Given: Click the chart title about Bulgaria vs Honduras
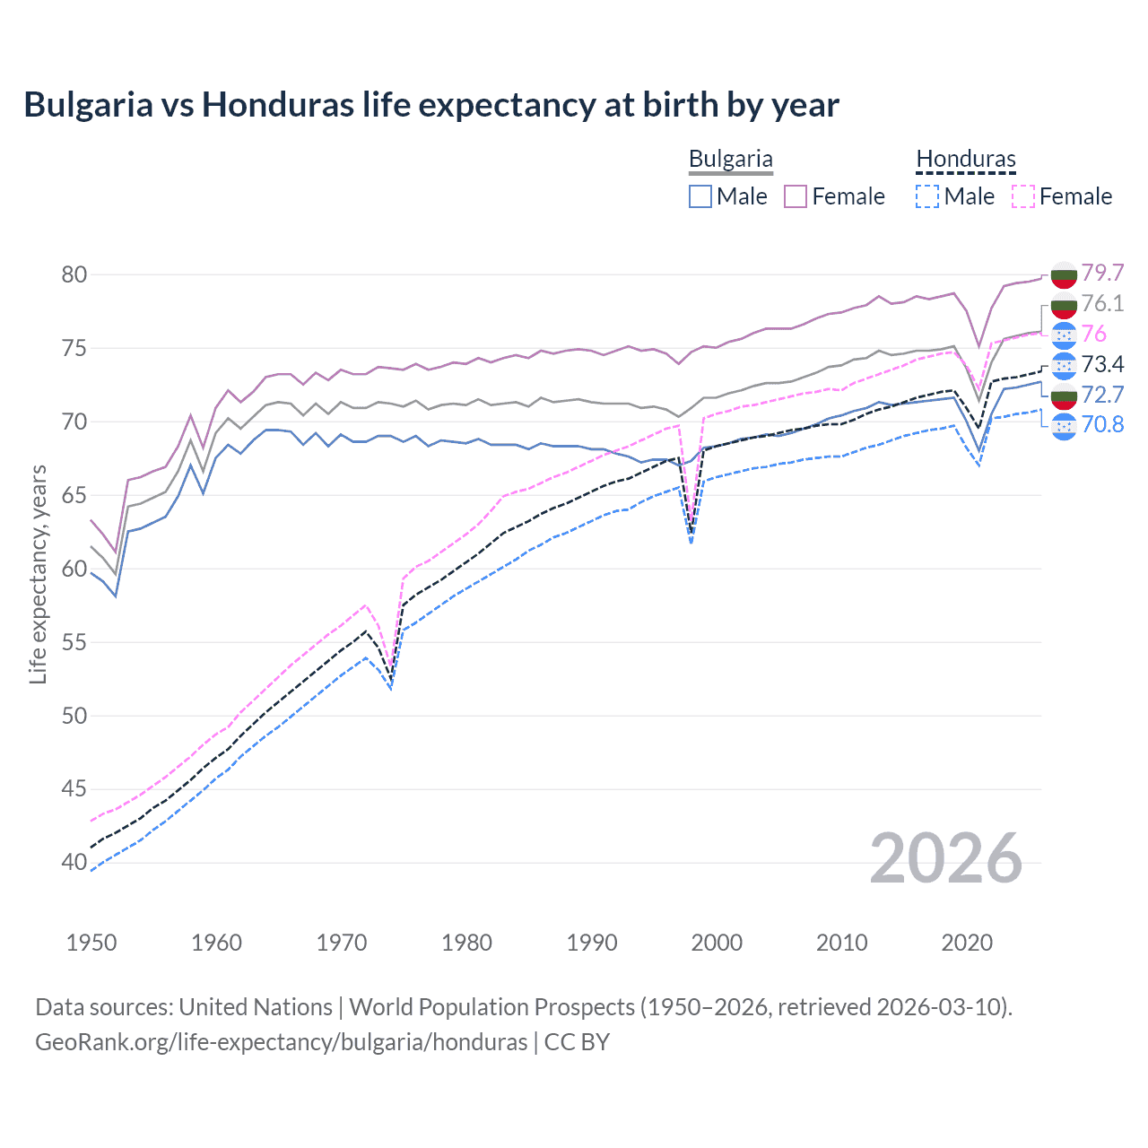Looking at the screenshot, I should click(x=431, y=105).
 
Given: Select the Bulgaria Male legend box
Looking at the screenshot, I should click(x=700, y=196).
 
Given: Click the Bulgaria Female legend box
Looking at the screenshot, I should click(x=796, y=196).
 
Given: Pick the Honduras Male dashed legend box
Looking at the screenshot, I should click(x=927, y=196).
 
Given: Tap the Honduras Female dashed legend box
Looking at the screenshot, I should click(x=1023, y=196).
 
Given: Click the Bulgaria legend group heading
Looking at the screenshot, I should click(x=730, y=160).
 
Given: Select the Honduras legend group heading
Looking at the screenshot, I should click(x=966, y=160).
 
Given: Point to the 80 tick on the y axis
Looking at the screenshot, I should click(x=74, y=274).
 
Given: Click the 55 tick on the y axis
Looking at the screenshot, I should click(x=74, y=642).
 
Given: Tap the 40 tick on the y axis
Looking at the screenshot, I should click(x=74, y=863).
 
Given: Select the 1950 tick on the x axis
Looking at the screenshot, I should click(x=91, y=943).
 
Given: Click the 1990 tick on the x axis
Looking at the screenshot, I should click(x=592, y=943).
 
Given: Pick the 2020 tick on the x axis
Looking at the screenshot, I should click(x=967, y=943).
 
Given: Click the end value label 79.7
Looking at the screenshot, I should click(x=1102, y=273).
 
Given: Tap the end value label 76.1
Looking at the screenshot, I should click(x=1102, y=303).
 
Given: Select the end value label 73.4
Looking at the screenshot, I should click(x=1102, y=364).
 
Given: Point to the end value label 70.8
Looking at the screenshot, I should click(x=1102, y=424).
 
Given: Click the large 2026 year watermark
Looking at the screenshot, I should click(x=946, y=858).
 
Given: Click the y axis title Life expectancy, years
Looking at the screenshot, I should click(x=39, y=574).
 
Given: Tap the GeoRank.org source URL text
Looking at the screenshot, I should click(x=281, y=1042).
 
